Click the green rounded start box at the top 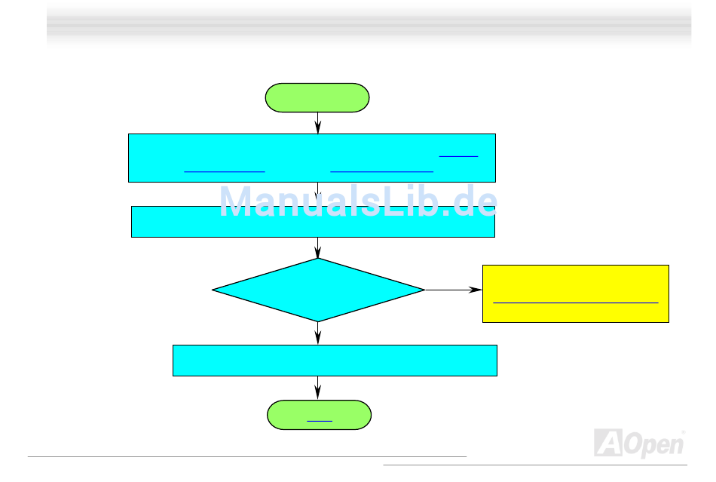[x=317, y=98]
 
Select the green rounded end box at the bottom [x=319, y=415]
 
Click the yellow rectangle [x=575, y=293]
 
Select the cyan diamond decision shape [x=318, y=290]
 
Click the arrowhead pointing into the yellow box [x=476, y=290]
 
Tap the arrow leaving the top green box [x=318, y=123]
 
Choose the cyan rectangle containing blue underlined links [x=312, y=158]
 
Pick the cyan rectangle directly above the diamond [x=313, y=221]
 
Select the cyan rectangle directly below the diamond [x=335, y=360]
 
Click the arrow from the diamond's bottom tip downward [x=318, y=333]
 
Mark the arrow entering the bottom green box [x=318, y=388]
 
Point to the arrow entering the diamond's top [x=318, y=248]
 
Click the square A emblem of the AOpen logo [x=607, y=443]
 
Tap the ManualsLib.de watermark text [x=358, y=201]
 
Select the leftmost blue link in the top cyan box [x=224, y=171]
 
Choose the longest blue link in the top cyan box [x=381, y=171]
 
